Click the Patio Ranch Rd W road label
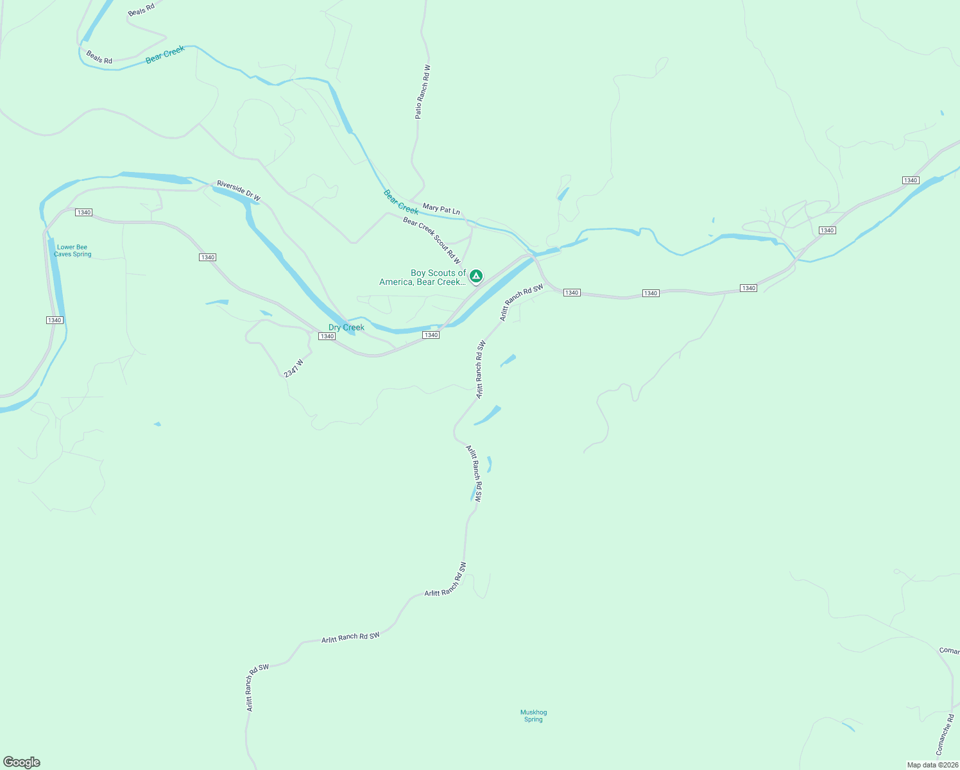tap(423, 92)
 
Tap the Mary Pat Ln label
tap(441, 209)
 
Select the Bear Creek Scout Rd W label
tap(432, 241)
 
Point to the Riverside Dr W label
tap(239, 191)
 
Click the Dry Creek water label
tap(347, 327)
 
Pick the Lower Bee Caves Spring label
tap(73, 251)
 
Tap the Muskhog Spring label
tap(533, 715)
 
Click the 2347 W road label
tap(293, 368)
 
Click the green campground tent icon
tap(476, 276)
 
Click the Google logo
tap(22, 762)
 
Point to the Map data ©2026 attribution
tap(932, 765)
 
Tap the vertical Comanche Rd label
tap(945, 734)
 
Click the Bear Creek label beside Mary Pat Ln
tap(401, 201)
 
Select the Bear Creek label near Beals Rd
tap(165, 55)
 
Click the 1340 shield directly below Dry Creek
tap(327, 336)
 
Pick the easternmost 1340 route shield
tap(911, 180)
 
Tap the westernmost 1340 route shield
tap(54, 320)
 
